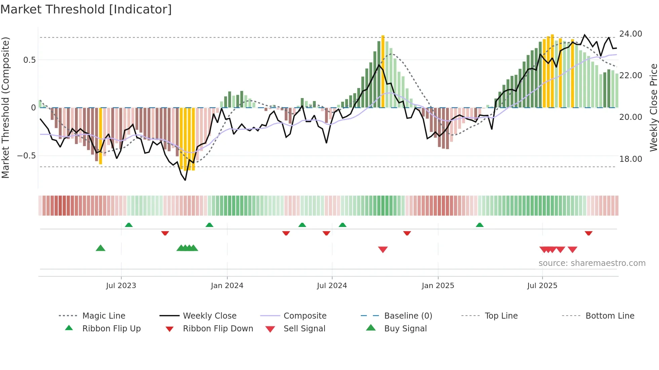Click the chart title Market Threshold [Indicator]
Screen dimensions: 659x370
point(86,9)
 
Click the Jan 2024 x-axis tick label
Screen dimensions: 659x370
point(227,286)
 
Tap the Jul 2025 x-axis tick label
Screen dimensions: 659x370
point(542,286)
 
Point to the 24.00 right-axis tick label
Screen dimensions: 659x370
point(630,34)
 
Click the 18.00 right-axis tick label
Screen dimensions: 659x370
point(630,159)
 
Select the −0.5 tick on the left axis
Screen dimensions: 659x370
point(26,156)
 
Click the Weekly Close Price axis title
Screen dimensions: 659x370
point(653,107)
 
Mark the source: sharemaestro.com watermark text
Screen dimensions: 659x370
point(592,263)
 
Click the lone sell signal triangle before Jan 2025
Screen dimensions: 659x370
point(383,249)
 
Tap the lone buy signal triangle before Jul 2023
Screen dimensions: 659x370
point(101,248)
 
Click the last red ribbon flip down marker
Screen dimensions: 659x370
point(588,233)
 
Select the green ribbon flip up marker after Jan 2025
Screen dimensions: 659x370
point(479,225)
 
